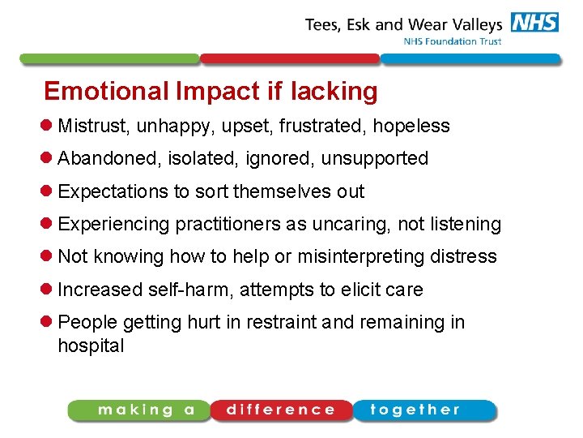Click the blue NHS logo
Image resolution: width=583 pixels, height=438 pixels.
tap(534, 23)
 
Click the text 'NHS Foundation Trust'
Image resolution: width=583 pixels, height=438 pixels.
tap(452, 41)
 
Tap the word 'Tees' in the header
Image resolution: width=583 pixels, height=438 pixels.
tap(323, 24)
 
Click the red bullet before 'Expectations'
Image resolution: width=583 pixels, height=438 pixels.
tap(49, 191)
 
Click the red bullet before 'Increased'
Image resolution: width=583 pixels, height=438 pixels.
tap(49, 290)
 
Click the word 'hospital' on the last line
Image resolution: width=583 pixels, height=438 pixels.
tap(91, 346)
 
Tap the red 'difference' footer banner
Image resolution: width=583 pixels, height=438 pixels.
tap(281, 410)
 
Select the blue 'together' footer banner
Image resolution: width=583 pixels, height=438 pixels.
tap(420, 410)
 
